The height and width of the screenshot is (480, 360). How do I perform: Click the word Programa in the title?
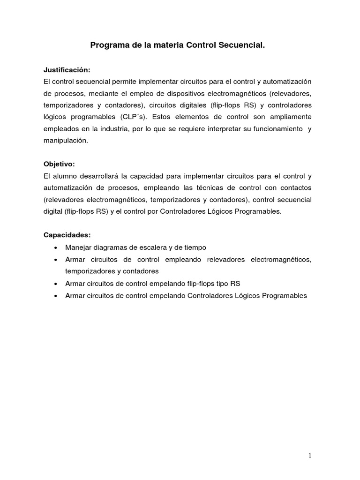tap(107, 46)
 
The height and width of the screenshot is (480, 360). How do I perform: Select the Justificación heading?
tap(66, 69)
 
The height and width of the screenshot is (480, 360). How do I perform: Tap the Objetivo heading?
tap(59, 164)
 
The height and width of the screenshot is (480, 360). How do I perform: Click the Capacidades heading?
tap(67, 235)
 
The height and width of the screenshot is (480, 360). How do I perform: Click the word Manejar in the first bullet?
tap(78, 247)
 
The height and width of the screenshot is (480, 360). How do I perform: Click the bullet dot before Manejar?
tap(56, 247)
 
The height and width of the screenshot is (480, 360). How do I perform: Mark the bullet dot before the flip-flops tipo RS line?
tap(56, 284)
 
